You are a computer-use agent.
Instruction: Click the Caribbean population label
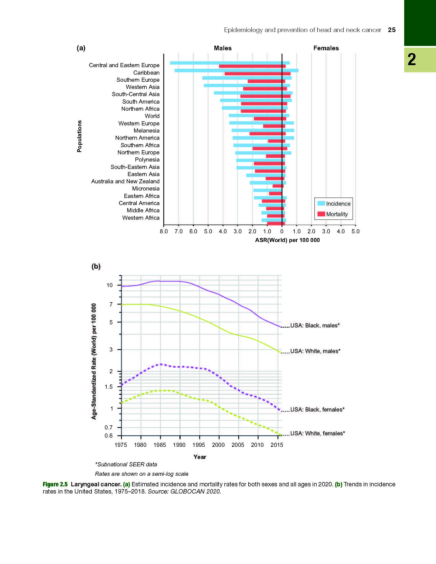[146, 73]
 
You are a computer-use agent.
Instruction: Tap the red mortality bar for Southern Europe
[266, 81]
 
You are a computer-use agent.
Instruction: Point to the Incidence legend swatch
[321, 203]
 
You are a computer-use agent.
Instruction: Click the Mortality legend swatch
[321, 214]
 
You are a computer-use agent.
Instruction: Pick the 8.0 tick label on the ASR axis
[164, 231]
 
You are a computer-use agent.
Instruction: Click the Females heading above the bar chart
[326, 48]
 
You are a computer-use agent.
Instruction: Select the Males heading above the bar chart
[223, 48]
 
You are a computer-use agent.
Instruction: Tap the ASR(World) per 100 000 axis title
[287, 240]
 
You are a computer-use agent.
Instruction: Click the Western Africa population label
[141, 218]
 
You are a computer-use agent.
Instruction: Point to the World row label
[152, 116]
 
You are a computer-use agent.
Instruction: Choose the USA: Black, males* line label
[315, 325]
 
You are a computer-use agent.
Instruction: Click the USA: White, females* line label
[318, 433]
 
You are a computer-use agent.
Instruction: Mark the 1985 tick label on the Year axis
[160, 445]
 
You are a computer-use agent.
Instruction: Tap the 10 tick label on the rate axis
[110, 285]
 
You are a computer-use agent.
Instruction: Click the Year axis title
[200, 457]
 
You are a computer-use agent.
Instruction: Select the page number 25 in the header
[392, 30]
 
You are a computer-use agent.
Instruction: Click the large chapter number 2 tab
[412, 59]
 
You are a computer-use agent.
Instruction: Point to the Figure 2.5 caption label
[55, 484]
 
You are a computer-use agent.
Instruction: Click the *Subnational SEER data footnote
[126, 464]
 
